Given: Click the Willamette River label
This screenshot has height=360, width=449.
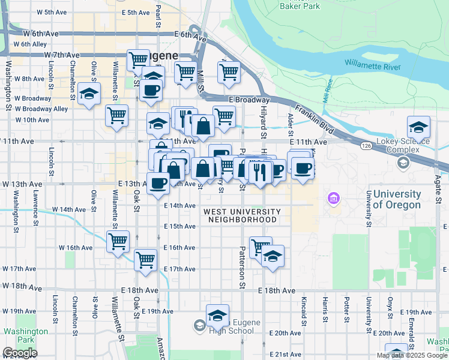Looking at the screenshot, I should coord(372,65).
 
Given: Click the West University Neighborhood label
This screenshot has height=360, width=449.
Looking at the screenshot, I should coord(242,215).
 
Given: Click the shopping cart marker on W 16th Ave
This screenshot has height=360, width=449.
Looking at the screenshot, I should coord(118,241).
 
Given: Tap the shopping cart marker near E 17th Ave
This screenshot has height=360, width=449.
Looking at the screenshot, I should coord(145,260).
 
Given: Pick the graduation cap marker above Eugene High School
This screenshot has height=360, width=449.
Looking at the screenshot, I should coord(217,314).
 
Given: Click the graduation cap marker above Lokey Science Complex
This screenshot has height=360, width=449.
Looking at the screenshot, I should coord(418,127).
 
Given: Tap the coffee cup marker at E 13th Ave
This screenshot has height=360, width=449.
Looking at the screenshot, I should coord(158,182).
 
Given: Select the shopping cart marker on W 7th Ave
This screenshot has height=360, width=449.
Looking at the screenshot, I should coord(139,59).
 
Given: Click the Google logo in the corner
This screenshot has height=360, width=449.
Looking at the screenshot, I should coord(19,353).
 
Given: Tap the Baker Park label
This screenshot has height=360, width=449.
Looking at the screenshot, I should coord(298,5).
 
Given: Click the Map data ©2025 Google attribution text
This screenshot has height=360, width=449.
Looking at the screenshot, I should coord(411,355).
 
